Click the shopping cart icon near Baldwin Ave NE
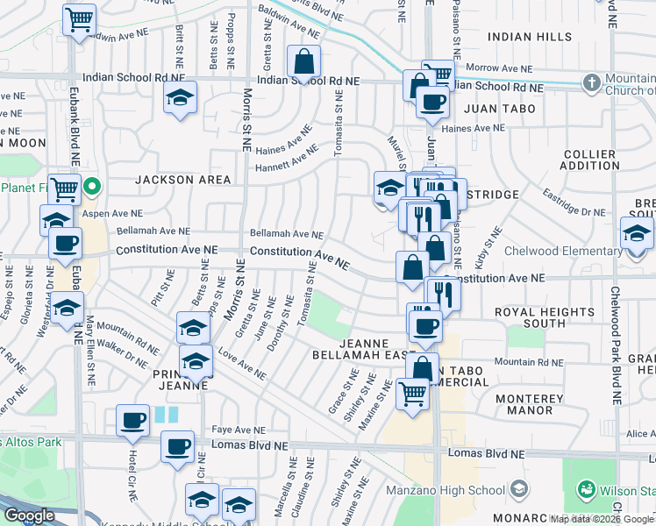[79, 18]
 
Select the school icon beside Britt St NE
[180, 98]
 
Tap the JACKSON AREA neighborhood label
[183, 180]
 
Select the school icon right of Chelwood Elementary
[636, 234]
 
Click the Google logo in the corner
[29, 515]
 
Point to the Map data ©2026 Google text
[602, 519]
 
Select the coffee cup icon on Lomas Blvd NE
[177, 446]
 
